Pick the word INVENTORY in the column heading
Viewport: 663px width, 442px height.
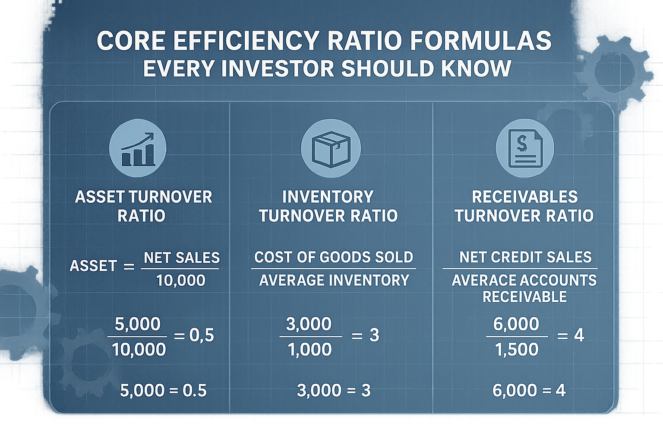pyautogui.click(x=328, y=197)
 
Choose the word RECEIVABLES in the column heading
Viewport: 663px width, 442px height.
pyautogui.click(x=524, y=197)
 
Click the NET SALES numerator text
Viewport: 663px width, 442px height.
pyautogui.click(x=182, y=258)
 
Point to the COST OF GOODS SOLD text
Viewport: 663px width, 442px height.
pyautogui.click(x=334, y=257)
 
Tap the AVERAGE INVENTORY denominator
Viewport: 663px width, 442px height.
pyautogui.click(x=334, y=281)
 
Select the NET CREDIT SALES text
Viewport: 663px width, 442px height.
pyautogui.click(x=525, y=257)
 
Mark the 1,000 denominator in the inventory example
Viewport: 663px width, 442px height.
pyautogui.click(x=309, y=349)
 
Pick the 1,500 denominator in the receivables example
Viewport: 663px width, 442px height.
pyautogui.click(x=517, y=349)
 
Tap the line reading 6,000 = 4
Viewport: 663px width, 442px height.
pyautogui.click(x=529, y=391)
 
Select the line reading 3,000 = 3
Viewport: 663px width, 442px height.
pyautogui.click(x=334, y=391)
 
